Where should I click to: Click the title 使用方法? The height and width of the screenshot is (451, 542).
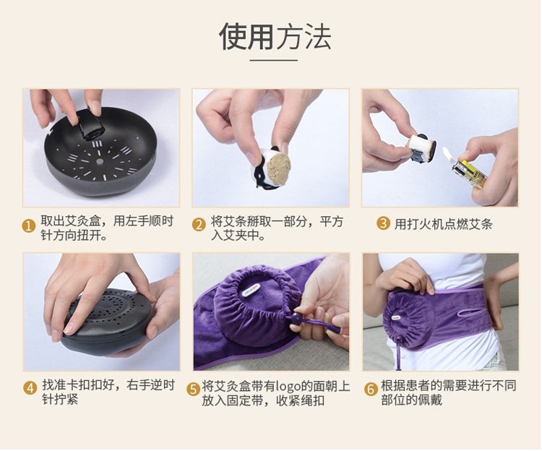click(x=275, y=36)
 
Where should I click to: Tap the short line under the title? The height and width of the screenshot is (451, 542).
click(x=273, y=61)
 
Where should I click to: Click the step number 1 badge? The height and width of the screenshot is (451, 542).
click(x=29, y=226)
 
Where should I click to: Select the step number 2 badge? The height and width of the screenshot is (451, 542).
click(x=199, y=225)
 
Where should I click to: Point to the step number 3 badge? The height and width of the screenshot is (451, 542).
click(x=383, y=223)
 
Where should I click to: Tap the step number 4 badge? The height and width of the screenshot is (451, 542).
click(x=30, y=387)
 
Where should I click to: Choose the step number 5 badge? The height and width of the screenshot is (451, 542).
click(x=193, y=390)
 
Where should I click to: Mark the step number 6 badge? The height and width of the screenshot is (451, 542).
click(x=371, y=389)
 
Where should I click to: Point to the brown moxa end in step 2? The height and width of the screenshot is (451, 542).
click(x=279, y=169)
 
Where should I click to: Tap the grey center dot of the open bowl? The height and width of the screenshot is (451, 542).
click(x=100, y=161)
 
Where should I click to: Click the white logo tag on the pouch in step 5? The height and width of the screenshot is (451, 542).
click(x=251, y=291)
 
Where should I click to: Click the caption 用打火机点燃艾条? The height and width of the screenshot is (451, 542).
click(x=444, y=224)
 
